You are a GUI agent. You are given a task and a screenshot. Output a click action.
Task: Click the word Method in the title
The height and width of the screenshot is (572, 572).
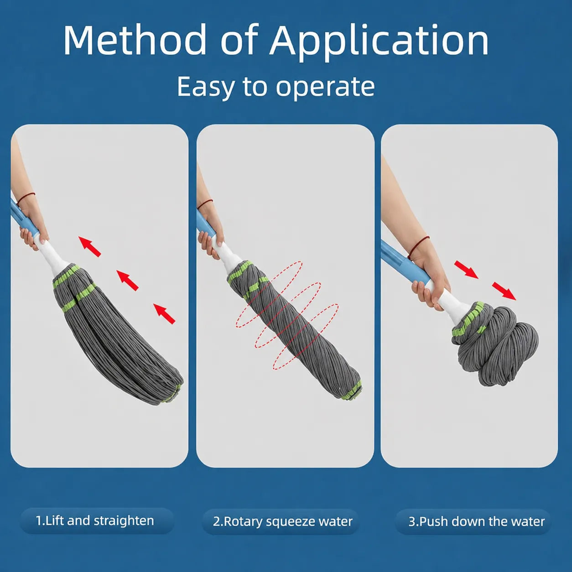click(x=135, y=40)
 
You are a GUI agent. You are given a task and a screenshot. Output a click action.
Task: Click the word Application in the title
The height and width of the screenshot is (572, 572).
click(x=379, y=43)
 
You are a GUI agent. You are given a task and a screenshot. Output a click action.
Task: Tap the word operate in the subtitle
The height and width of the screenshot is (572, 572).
click(x=325, y=87)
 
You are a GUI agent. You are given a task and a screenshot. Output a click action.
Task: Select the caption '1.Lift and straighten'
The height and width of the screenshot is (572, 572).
click(x=95, y=520)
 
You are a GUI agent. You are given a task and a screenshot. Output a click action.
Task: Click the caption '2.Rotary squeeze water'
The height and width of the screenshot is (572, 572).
click(x=283, y=521)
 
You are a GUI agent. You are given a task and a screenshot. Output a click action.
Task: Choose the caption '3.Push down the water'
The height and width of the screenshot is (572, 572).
click(x=476, y=521)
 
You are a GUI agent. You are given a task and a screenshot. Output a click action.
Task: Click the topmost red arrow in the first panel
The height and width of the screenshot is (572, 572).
click(x=90, y=246)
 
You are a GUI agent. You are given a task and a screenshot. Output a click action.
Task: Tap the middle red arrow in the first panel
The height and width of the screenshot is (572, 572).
click(x=127, y=280)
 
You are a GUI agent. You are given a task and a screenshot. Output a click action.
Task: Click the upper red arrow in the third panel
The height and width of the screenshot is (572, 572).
click(x=466, y=270)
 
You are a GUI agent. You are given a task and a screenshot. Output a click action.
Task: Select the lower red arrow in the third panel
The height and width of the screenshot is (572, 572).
click(x=504, y=291)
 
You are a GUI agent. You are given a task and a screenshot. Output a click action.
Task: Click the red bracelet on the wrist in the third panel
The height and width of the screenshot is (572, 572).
click(x=418, y=247)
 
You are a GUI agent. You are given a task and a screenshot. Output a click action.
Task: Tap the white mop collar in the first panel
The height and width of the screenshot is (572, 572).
click(x=55, y=255)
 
